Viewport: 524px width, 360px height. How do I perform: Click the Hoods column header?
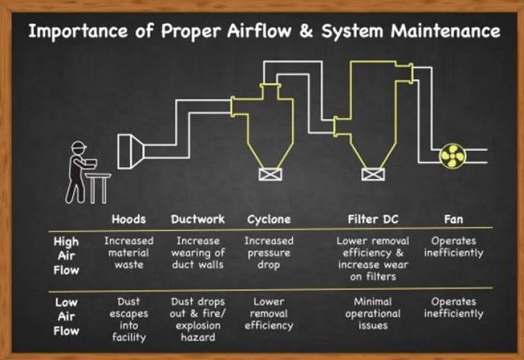pyautogui.click(x=128, y=220)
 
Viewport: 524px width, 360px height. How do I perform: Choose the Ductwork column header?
pyautogui.click(x=198, y=220)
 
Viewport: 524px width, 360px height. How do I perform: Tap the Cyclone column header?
pyautogui.click(x=269, y=220)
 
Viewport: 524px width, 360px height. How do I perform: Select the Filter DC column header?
pyautogui.click(x=373, y=220)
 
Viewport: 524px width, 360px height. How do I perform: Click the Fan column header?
pyautogui.click(x=453, y=220)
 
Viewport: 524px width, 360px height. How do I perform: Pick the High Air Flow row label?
pyautogui.click(x=66, y=255)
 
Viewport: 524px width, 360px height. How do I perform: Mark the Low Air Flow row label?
pyautogui.click(x=66, y=316)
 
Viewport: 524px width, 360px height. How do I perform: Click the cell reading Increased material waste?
pyautogui.click(x=128, y=252)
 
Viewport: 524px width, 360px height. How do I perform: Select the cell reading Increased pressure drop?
pyautogui.click(x=269, y=252)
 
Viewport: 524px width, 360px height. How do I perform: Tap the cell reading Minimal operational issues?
pyautogui.click(x=373, y=314)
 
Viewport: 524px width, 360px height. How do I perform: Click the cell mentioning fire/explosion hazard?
pyautogui.click(x=198, y=319)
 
